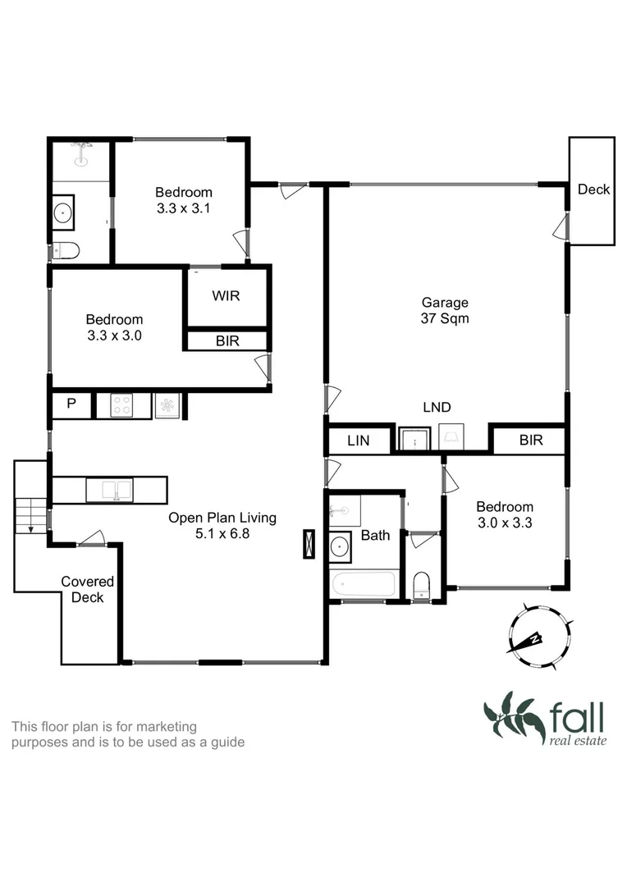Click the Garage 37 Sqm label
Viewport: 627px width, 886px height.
446,310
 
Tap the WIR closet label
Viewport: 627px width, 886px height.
226,296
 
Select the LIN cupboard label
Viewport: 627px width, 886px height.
359,441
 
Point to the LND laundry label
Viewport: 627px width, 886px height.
437,407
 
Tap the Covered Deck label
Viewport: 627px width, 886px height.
87,590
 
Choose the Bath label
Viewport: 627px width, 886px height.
376,536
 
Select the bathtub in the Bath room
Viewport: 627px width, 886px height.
362,585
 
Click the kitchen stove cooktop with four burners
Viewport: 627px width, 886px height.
123,405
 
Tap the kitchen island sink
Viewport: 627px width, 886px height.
116,491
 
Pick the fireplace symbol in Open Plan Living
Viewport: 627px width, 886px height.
309,544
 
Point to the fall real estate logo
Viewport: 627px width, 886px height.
544,719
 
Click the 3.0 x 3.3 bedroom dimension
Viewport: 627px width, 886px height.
505,523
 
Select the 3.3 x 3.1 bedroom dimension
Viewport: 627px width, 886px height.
184,208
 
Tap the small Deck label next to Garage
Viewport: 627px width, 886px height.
593,190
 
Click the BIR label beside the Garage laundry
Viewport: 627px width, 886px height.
531,441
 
